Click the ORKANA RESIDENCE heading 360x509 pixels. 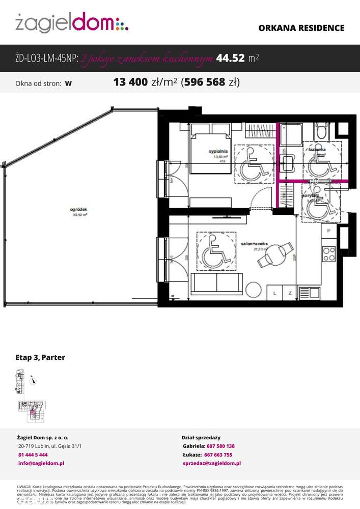(x=301, y=28)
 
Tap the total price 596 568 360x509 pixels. (x=204, y=82)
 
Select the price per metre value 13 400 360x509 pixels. (x=130, y=82)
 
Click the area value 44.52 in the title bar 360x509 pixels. (x=230, y=59)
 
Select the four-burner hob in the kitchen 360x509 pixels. (x=329, y=253)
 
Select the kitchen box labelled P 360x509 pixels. (x=329, y=231)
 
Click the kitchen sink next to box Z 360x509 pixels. (x=308, y=292)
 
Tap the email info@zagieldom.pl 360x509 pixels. (x=40, y=464)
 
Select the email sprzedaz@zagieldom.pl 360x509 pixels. (x=211, y=464)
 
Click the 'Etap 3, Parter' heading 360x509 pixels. (x=40, y=358)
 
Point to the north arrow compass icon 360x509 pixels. (x=33, y=379)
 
